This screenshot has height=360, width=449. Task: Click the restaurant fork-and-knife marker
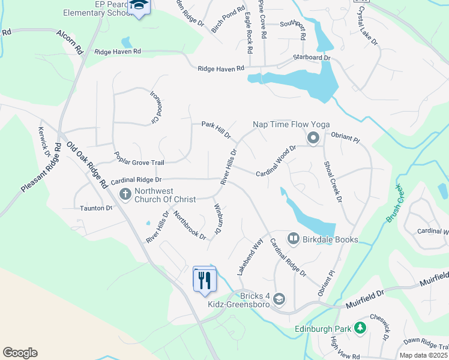pyautogui.click(x=204, y=279)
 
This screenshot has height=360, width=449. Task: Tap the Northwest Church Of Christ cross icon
pyautogui.click(x=125, y=194)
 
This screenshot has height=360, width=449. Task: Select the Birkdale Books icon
pyautogui.click(x=294, y=239)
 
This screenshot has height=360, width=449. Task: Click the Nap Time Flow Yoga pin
pyautogui.click(x=313, y=139)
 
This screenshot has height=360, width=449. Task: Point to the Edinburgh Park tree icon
pyautogui.click(x=360, y=328)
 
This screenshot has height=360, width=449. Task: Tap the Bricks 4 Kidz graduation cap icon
pyautogui.click(x=279, y=298)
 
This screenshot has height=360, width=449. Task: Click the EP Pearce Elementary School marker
pyautogui.click(x=140, y=6)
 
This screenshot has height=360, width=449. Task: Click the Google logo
pyautogui.click(x=20, y=353)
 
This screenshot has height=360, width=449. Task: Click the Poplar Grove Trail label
pyautogui.click(x=139, y=159)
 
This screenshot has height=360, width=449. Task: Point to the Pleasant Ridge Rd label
pyautogui.click(x=41, y=167)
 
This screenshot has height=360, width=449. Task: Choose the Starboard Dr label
pyautogui.click(x=312, y=58)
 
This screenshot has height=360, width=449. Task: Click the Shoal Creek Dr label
pyautogui.click(x=332, y=181)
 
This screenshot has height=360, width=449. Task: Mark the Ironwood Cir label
pyautogui.click(x=156, y=106)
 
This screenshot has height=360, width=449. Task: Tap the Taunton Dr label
pyautogui.click(x=96, y=208)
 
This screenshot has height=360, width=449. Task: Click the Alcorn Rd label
pyautogui.click(x=70, y=44)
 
